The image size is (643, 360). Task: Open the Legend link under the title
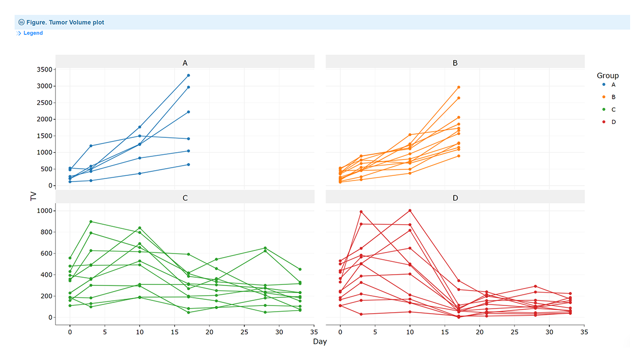[33, 33]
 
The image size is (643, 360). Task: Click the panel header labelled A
[185, 63]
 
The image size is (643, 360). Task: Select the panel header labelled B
[455, 63]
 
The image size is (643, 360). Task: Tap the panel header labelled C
[185, 197]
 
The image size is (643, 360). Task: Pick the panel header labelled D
[455, 197]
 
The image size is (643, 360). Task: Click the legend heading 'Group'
[608, 76]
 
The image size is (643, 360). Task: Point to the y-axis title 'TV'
[33, 196]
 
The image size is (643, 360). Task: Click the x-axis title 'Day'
[319, 341]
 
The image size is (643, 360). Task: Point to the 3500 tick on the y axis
[44, 69]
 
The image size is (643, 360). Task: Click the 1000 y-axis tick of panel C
[44, 211]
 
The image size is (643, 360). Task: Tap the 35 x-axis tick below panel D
[584, 333]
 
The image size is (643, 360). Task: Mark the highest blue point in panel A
[188, 76]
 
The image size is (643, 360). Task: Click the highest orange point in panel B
[458, 87]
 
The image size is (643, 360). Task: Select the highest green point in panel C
[91, 222]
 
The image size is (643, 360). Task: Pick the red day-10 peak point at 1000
[410, 210]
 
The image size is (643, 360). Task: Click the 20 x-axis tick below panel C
[209, 333]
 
